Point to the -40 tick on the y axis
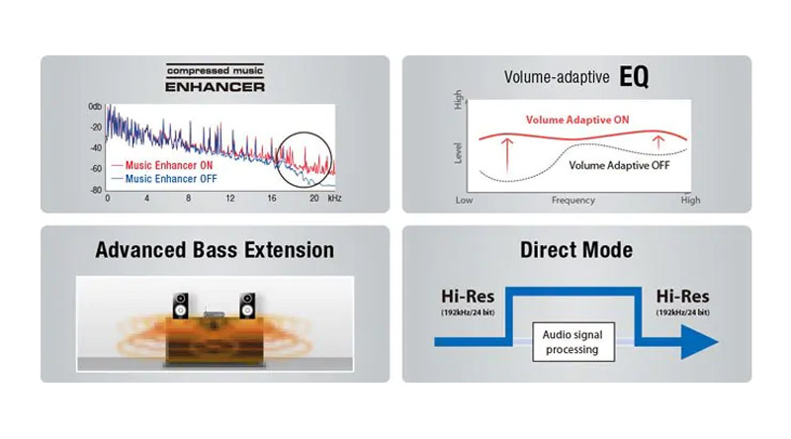[96, 148]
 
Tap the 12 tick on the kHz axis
[230, 199]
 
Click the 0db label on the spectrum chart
[95, 107]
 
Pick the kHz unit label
[334, 199]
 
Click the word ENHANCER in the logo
[215, 87]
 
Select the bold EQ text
[634, 77]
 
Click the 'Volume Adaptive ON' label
[577, 120]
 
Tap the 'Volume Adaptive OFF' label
[620, 165]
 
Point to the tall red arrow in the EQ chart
[507, 156]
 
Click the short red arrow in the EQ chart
[659, 142]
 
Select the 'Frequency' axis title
[573, 201]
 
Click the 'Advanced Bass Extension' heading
[215, 250]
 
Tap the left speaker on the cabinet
[181, 306]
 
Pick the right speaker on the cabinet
[247, 306]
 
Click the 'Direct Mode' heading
[576, 250]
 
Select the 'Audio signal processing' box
[573, 342]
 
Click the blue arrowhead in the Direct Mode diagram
[700, 342]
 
